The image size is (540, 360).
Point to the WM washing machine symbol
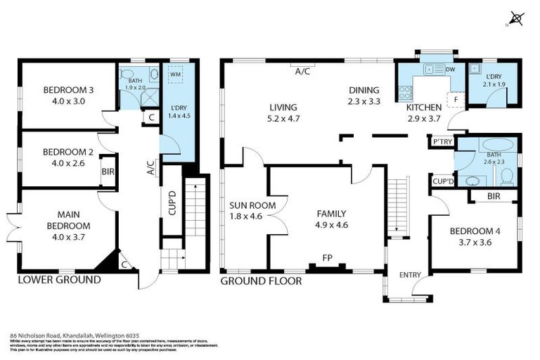(x=175, y=73)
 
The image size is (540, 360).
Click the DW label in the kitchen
(x=451, y=69)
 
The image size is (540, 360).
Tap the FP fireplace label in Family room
(x=327, y=257)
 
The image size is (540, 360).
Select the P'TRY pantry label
(x=442, y=142)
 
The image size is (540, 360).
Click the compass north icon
(x=517, y=19)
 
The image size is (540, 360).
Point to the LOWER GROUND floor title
(x=59, y=280)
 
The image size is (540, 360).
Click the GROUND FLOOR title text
(x=261, y=281)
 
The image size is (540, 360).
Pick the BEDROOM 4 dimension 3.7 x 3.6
(x=465, y=243)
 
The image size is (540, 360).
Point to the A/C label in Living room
(x=303, y=71)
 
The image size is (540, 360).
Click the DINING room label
(x=364, y=90)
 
